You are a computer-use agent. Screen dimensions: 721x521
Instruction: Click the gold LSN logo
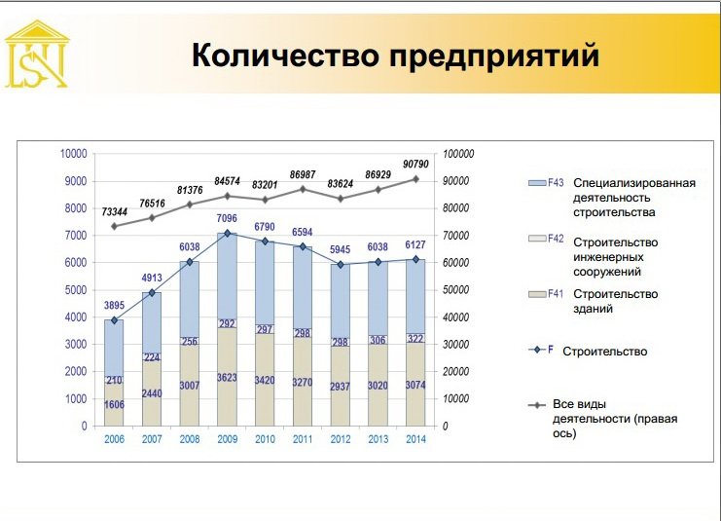click(x=37, y=55)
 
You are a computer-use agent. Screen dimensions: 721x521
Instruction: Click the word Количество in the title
click(x=285, y=55)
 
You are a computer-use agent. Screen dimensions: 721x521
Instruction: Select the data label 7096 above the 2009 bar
click(x=227, y=218)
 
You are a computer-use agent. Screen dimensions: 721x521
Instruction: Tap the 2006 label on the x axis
click(x=114, y=439)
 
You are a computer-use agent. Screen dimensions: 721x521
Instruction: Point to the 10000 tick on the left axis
click(x=74, y=154)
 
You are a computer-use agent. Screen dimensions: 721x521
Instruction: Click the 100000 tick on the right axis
click(x=458, y=154)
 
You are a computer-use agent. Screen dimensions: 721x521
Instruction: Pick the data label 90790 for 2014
click(x=415, y=165)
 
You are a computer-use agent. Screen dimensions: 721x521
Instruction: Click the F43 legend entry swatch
click(x=536, y=183)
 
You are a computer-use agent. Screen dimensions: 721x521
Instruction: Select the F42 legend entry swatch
click(x=536, y=239)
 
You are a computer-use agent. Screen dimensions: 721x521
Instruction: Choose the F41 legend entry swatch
click(x=536, y=294)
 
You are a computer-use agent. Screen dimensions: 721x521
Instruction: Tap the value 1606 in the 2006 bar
click(x=114, y=404)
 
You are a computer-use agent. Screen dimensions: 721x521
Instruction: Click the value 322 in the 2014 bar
click(x=415, y=339)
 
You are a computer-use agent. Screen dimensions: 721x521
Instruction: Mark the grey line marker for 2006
click(x=114, y=226)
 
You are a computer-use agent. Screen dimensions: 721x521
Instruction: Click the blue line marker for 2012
click(x=341, y=265)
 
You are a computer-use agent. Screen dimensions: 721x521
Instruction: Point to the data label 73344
click(x=114, y=212)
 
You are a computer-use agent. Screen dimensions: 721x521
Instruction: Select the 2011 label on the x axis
click(x=303, y=439)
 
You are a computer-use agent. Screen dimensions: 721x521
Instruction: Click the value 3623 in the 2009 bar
click(x=227, y=378)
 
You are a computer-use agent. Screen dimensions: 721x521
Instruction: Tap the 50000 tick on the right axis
click(x=455, y=290)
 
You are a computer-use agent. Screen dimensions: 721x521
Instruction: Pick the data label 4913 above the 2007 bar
click(x=152, y=278)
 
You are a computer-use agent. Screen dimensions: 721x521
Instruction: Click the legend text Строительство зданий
click(x=615, y=301)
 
